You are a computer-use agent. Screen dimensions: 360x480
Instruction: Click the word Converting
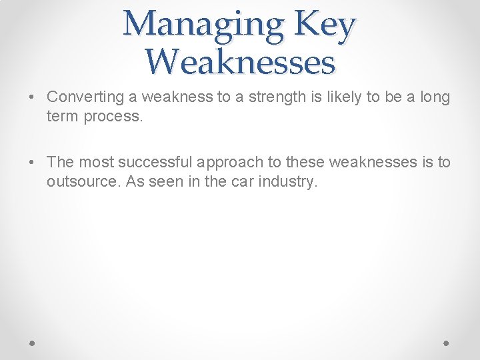tap(85, 97)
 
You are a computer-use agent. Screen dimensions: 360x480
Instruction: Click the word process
tap(114, 116)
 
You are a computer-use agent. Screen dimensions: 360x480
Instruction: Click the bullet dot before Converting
tap(33, 97)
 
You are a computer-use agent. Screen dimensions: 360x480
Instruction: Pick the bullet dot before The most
tap(33, 163)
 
